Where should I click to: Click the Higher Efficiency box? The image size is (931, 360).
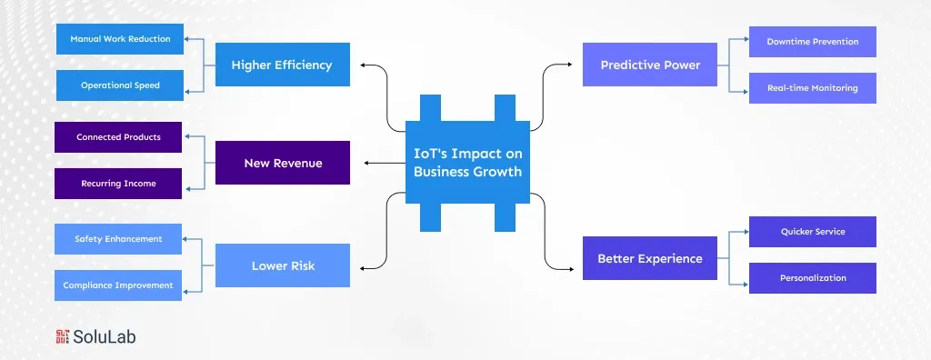pyautogui.click(x=282, y=65)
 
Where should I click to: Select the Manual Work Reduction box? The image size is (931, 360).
pyautogui.click(x=119, y=39)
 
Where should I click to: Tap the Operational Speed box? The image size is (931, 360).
pyautogui.click(x=119, y=85)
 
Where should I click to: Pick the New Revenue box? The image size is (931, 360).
pyautogui.click(x=282, y=163)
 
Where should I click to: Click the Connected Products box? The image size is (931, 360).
pyautogui.click(x=118, y=137)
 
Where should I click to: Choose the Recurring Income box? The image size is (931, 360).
pyautogui.click(x=118, y=184)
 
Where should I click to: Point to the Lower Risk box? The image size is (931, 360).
pyautogui.click(x=282, y=265)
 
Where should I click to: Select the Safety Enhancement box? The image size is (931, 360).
pyautogui.click(x=118, y=239)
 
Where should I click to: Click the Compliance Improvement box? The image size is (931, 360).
pyautogui.click(x=118, y=285)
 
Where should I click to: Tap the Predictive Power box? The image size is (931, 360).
pyautogui.click(x=649, y=65)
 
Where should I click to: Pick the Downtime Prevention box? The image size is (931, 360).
pyautogui.click(x=812, y=42)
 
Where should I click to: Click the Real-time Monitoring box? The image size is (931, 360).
pyautogui.click(x=812, y=88)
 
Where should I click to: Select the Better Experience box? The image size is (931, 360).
pyautogui.click(x=649, y=258)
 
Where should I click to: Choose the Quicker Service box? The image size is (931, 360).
pyautogui.click(x=812, y=232)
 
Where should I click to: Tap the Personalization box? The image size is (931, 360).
pyautogui.click(x=812, y=278)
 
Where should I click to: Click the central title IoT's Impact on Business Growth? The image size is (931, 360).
pyautogui.click(x=467, y=163)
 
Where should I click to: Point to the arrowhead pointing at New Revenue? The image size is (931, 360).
pyautogui.click(x=366, y=163)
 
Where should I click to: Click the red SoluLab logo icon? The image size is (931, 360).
pyautogui.click(x=63, y=336)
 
